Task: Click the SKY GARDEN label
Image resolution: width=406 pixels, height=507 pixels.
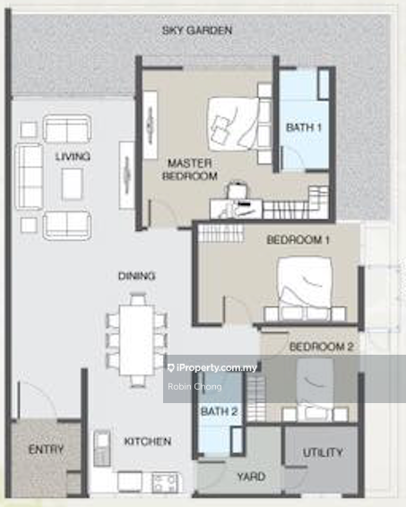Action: tap(197, 30)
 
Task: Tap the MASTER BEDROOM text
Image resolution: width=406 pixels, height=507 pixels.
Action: tap(190, 169)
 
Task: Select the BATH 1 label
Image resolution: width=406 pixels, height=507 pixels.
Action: tap(304, 127)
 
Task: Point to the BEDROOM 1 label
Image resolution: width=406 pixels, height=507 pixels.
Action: tap(298, 240)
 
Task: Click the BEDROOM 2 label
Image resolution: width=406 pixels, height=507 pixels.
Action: tap(321, 347)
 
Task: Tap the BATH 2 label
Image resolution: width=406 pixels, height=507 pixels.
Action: tap(219, 412)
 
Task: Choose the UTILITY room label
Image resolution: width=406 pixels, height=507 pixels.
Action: tap(323, 452)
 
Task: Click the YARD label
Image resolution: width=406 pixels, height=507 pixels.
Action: tap(251, 477)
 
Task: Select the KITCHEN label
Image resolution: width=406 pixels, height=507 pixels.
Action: tap(148, 442)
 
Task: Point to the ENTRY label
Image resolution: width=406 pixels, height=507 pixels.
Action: tap(46, 449)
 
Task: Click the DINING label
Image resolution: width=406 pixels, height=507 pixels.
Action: tap(136, 276)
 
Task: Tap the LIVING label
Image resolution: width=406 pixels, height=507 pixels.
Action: tap(73, 157)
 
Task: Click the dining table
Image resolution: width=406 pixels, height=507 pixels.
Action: tap(137, 339)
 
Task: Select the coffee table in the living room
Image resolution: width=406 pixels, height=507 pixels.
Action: tap(72, 184)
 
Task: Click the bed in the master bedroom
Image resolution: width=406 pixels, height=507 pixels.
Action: tap(234, 124)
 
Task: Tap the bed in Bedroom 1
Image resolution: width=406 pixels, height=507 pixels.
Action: tap(305, 283)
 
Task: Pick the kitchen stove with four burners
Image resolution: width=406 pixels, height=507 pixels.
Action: tap(165, 483)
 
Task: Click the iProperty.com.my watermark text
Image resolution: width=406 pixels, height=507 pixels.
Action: tap(217, 367)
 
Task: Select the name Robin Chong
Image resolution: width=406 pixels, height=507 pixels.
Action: tap(194, 386)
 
